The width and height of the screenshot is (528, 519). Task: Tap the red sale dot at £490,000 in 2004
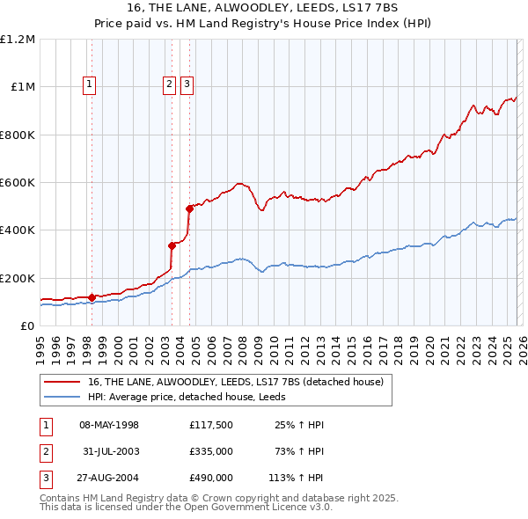(x=189, y=208)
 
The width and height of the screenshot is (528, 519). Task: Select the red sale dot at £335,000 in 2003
(x=172, y=245)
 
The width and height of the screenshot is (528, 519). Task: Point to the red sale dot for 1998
(x=92, y=297)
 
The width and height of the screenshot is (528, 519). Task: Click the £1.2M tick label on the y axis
(x=18, y=40)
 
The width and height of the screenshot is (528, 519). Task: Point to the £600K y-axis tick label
(x=18, y=183)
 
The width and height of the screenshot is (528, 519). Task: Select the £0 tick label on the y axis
(x=26, y=326)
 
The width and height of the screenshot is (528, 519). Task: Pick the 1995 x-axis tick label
(x=40, y=344)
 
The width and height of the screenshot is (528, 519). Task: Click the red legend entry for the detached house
(x=235, y=383)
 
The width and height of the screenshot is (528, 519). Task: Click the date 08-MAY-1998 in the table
(x=109, y=425)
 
